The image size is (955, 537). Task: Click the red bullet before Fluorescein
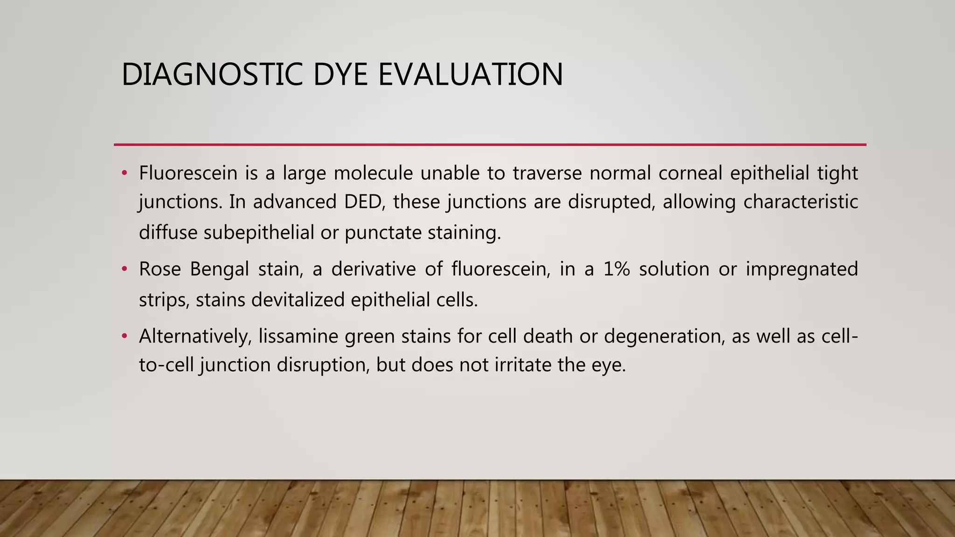pos(124,173)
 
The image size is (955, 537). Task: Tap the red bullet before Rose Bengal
pos(124,269)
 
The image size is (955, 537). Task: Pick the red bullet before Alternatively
pos(124,336)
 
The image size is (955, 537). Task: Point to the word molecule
pos(373,173)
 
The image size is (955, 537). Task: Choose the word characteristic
pos(800,202)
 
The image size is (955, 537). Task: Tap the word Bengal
pos(219,269)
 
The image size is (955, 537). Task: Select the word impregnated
pos(802,269)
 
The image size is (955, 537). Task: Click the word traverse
pos(547,173)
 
